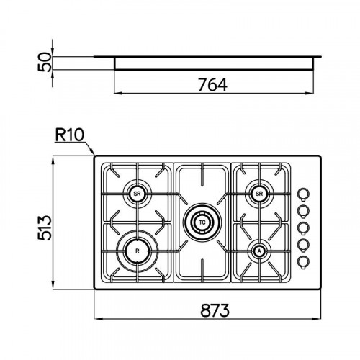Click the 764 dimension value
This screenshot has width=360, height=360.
coord(212,85)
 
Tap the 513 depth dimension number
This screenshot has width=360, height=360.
coord(45,228)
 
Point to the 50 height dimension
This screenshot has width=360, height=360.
coord(45,63)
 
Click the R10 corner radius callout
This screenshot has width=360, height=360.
coord(70,135)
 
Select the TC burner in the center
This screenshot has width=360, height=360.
coord(202,222)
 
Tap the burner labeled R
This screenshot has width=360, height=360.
coord(138,251)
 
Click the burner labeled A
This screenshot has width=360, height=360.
coord(259,251)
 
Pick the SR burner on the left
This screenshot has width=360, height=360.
coord(137,194)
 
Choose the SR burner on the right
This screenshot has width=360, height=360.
coord(259,194)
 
